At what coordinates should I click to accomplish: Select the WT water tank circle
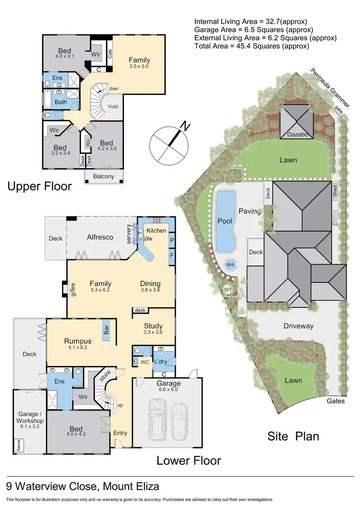click(x=228, y=290)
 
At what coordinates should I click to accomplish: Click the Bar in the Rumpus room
click(x=106, y=331)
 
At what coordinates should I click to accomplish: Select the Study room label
click(x=153, y=326)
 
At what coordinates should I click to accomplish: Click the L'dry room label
click(x=160, y=361)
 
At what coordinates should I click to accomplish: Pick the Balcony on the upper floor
click(x=104, y=176)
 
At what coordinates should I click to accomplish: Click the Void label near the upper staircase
click(x=113, y=106)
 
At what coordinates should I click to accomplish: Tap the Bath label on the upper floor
click(x=60, y=102)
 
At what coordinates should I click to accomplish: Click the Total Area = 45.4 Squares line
click(x=252, y=46)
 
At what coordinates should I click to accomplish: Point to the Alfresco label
click(x=99, y=237)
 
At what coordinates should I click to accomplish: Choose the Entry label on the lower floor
click(x=120, y=433)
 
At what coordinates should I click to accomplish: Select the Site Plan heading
click(x=293, y=436)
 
